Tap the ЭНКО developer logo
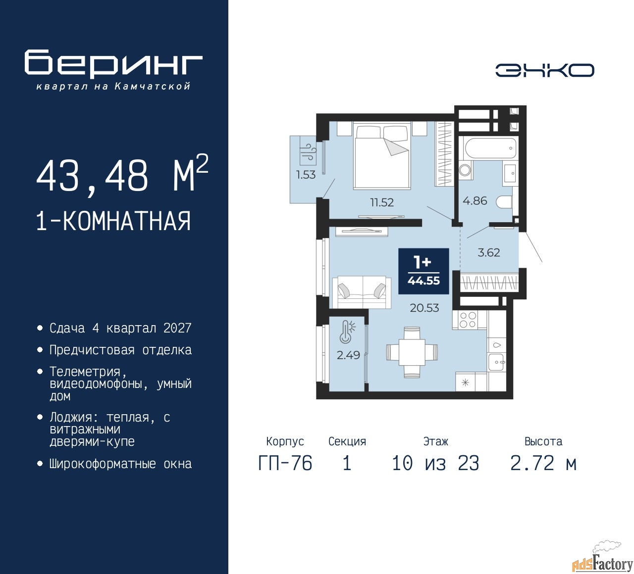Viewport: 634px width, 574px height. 544,70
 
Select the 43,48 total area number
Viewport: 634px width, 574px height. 92,176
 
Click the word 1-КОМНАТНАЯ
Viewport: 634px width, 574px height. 114,221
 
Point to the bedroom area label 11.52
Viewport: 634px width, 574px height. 382,202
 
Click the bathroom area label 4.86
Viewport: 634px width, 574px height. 475,201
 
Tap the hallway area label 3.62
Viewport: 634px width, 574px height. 488,252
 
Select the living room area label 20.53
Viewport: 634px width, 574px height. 424,308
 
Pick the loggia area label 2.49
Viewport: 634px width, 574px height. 348,355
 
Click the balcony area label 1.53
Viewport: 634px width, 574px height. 306,175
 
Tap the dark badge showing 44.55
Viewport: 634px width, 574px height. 423,271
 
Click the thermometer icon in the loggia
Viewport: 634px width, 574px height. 348,332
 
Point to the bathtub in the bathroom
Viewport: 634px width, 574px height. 490,148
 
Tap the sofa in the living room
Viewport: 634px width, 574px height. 362,292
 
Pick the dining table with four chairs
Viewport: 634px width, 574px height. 412,352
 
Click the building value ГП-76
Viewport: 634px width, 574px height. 285,464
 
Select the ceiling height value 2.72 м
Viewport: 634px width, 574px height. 543,464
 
